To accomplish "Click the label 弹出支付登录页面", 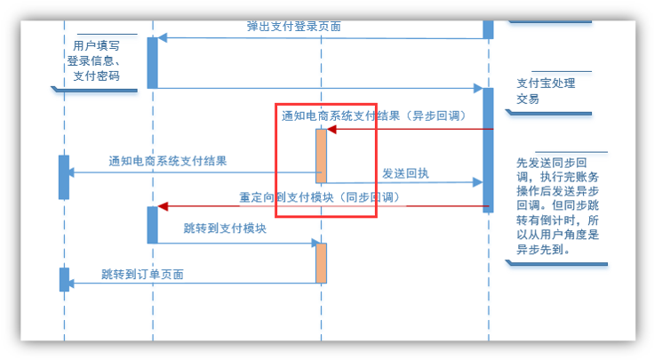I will [x=293, y=27].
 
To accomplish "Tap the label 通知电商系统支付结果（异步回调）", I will [x=374, y=116].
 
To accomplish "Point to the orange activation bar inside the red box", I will [x=322, y=156].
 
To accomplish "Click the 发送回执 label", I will [x=405, y=173].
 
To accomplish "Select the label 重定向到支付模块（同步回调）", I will [x=319, y=196].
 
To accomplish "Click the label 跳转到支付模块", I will [x=225, y=229].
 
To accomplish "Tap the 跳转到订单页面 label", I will [x=142, y=274].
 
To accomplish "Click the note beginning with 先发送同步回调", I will [x=558, y=206].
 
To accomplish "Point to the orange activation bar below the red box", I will [x=322, y=263].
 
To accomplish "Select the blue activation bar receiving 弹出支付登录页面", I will [x=152, y=62].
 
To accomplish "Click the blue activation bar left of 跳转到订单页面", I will [x=64, y=279].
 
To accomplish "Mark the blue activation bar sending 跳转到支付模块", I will [x=152, y=224].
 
